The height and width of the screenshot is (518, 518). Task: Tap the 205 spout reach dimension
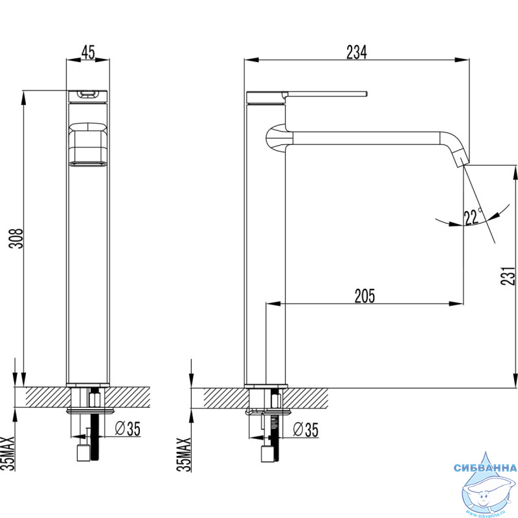[365, 295]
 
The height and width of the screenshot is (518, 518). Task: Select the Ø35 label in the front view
[127, 428]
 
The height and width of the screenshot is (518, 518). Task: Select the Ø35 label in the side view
[304, 428]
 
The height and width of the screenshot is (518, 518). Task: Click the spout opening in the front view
[89, 164]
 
